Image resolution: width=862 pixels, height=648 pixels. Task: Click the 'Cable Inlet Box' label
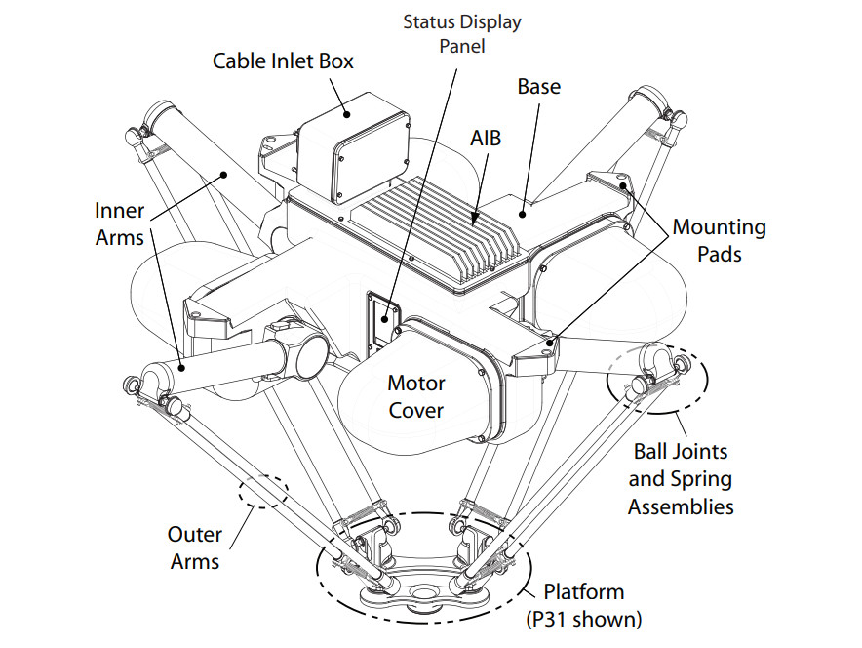(x=283, y=61)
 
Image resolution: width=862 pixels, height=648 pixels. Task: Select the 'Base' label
(x=538, y=87)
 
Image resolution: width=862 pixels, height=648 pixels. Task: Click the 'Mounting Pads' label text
(x=719, y=241)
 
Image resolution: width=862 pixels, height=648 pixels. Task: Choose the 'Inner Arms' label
(x=120, y=223)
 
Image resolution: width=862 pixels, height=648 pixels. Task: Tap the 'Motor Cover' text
(x=416, y=395)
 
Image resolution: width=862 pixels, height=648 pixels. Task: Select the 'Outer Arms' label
(x=195, y=547)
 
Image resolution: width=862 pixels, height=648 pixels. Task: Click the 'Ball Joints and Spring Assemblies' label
(x=680, y=479)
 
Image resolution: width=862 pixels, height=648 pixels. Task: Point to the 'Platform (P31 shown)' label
(x=584, y=605)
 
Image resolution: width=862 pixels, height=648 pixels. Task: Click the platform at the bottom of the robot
(x=421, y=586)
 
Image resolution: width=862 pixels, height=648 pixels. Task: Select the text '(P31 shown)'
(x=584, y=619)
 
